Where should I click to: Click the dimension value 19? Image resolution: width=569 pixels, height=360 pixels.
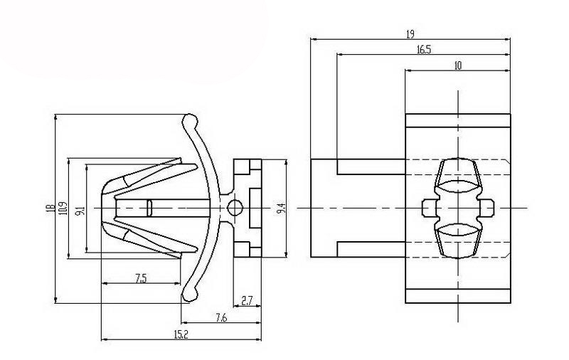coord(410,33)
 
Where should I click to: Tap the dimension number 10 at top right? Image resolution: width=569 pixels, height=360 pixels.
coord(457,65)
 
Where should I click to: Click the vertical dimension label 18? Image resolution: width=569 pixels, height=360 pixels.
coord(50,208)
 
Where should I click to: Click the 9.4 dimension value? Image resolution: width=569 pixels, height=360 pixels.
coord(281,208)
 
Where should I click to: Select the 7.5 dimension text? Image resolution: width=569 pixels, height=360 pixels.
coord(141,278)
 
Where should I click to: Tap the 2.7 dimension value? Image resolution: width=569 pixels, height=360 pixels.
coord(248,301)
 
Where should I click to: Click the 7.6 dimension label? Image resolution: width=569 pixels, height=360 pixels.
coord(220,318)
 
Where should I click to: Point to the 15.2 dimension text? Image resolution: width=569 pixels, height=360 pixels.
coord(181,335)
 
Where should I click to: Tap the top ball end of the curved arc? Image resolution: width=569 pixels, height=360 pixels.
coord(189,119)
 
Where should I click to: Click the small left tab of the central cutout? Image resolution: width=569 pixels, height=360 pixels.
coord(429,207)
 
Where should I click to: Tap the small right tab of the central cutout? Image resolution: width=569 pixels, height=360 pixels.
coord(488,207)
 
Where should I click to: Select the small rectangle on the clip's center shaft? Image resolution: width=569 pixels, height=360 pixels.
coord(149,208)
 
